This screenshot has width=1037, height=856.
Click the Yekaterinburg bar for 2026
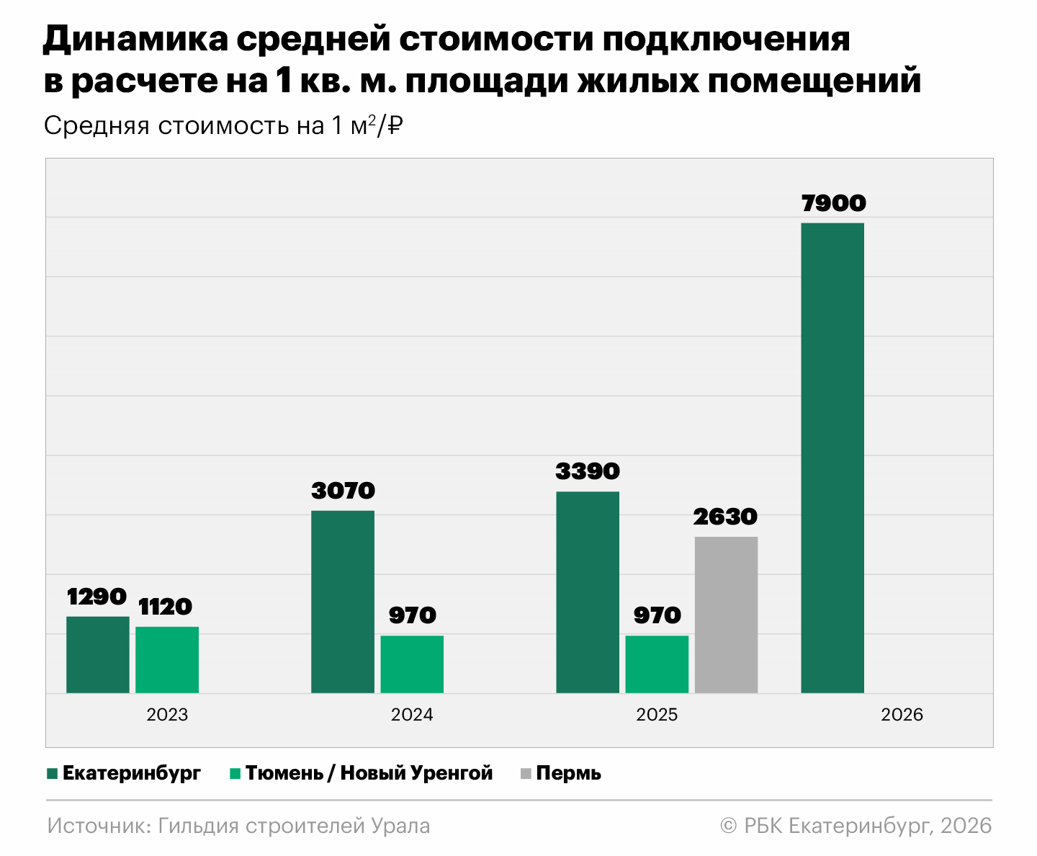832,458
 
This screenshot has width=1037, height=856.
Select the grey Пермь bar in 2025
726,615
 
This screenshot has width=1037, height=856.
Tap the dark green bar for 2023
98,654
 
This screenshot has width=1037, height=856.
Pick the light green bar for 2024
412,664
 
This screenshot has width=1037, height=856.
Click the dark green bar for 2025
588,592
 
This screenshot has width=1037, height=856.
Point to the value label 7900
833,203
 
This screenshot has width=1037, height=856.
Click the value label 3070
344,491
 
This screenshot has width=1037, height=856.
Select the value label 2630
725,517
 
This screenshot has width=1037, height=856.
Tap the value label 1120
166,607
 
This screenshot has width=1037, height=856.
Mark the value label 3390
588,471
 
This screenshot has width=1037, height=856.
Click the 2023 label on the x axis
167,715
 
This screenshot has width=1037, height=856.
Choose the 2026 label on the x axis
902,715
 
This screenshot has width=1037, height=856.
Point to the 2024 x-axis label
412,715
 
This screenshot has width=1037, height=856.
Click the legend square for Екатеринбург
52,774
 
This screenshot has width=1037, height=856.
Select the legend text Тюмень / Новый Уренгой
369,773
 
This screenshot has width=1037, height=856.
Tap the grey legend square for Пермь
525,774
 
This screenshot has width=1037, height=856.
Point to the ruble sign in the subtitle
395,125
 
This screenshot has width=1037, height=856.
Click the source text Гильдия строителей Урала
294,826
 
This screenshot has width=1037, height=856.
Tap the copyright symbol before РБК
729,826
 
